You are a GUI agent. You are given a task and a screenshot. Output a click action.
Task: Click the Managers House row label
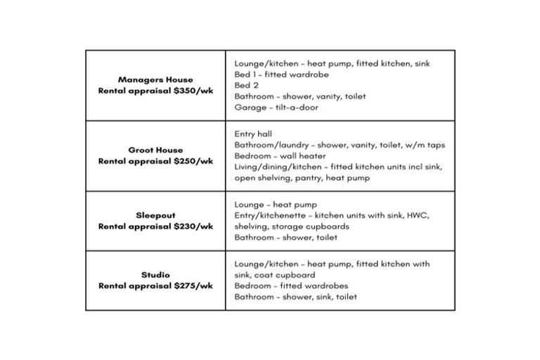tap(155, 79)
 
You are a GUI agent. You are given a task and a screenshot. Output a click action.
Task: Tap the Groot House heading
tap(155, 150)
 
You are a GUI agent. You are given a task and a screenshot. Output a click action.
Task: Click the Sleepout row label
tap(155, 215)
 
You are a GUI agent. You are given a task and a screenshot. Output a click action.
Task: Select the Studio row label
tap(155, 275)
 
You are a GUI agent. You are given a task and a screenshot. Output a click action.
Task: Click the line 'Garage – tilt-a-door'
tap(276, 108)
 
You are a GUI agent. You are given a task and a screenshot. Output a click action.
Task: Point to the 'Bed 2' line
tap(246, 85)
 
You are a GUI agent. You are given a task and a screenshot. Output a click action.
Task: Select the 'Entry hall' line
tap(253, 134)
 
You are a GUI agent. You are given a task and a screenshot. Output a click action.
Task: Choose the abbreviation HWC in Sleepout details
tap(416, 215)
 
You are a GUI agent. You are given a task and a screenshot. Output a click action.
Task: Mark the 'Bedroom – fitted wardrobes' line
tap(291, 286)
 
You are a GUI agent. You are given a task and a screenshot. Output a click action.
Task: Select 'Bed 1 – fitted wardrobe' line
tap(281, 75)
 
